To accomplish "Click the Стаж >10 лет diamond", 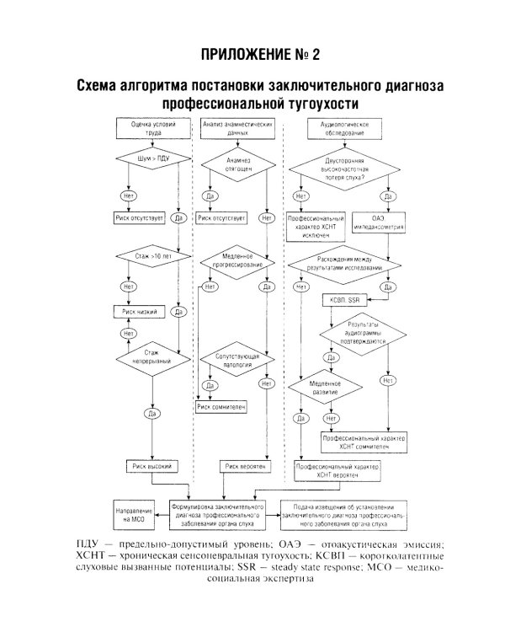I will pyautogui.click(x=152, y=253).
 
